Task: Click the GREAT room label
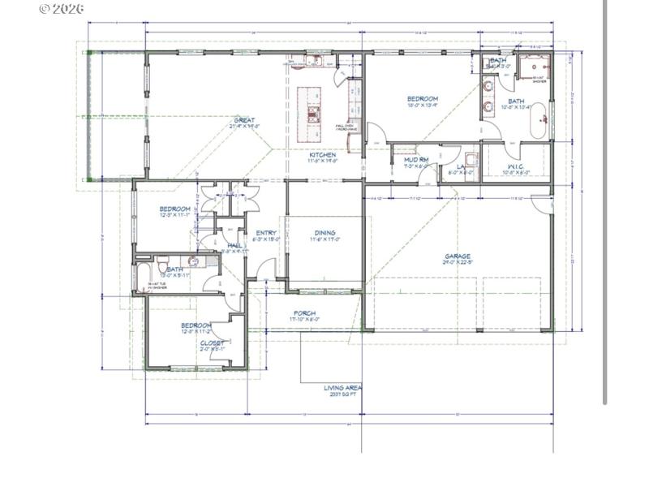point(244,120)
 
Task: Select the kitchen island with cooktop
point(309,114)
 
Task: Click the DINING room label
point(325,232)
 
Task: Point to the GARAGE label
point(457,256)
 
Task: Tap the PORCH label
point(304,313)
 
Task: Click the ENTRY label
point(266,233)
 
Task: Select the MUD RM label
point(416,160)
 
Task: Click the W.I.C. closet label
point(514,167)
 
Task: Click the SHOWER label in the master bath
point(539,81)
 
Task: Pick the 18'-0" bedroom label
point(422,99)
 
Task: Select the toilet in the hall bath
point(163,267)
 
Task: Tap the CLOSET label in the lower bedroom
point(213,343)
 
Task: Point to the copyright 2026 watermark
point(61,9)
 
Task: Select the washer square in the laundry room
point(471,159)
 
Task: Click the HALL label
point(234,245)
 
